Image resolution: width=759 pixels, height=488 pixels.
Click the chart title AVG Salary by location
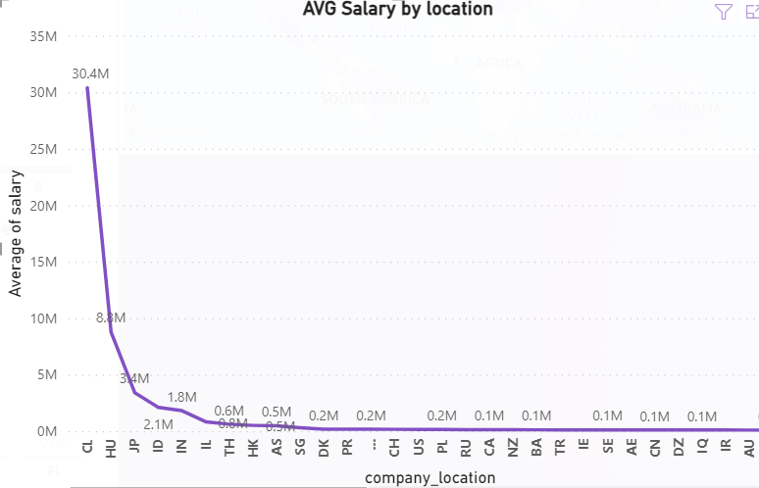coord(397,10)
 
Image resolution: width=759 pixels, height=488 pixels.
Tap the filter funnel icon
coord(724,12)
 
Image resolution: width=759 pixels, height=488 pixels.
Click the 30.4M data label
coord(90,73)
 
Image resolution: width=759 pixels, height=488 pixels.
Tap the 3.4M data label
coord(134,378)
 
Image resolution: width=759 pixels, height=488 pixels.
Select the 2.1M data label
coord(158,424)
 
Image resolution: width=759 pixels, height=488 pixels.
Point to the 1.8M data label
coord(181,397)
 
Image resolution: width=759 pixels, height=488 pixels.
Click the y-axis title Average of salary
coord(16,232)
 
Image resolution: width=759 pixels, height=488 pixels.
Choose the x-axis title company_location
coord(430,477)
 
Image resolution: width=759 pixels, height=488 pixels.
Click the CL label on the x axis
coord(87,447)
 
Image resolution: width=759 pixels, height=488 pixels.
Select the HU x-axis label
coord(111,448)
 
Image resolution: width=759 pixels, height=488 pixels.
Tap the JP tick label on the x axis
coord(134,447)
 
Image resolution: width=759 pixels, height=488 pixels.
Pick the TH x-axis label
coord(229,447)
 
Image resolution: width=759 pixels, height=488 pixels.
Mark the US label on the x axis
coord(419,447)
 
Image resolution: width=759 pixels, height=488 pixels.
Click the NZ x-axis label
coord(513,447)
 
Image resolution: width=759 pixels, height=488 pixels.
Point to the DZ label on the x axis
coord(679,447)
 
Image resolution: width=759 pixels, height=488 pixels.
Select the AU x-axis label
coord(749,447)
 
